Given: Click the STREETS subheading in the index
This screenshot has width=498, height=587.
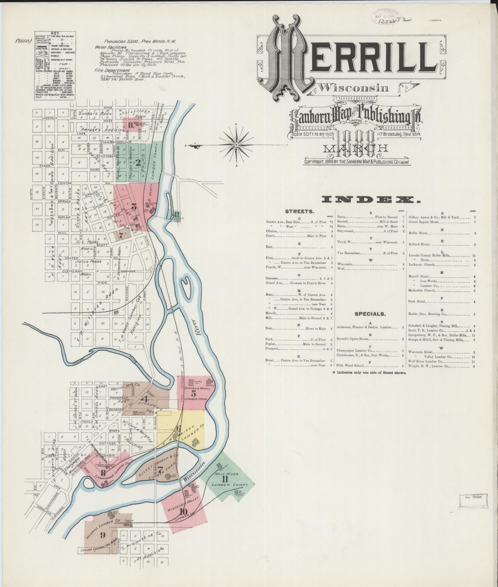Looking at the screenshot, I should coord(299,211).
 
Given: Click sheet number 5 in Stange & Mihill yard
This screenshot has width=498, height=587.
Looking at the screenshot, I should coord(193,393).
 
